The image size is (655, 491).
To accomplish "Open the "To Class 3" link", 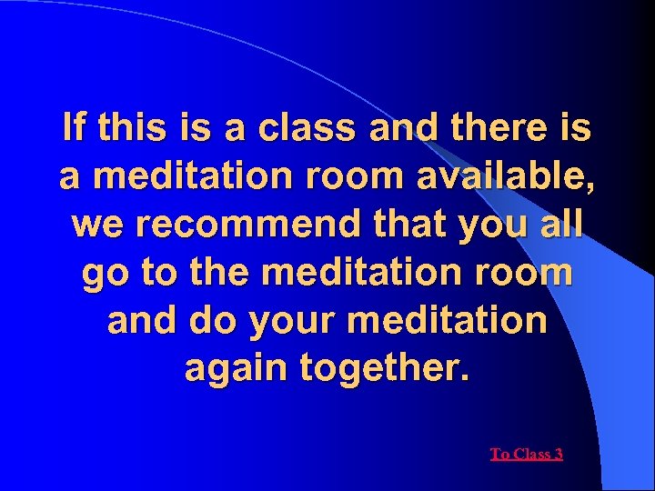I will pos(526,454).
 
